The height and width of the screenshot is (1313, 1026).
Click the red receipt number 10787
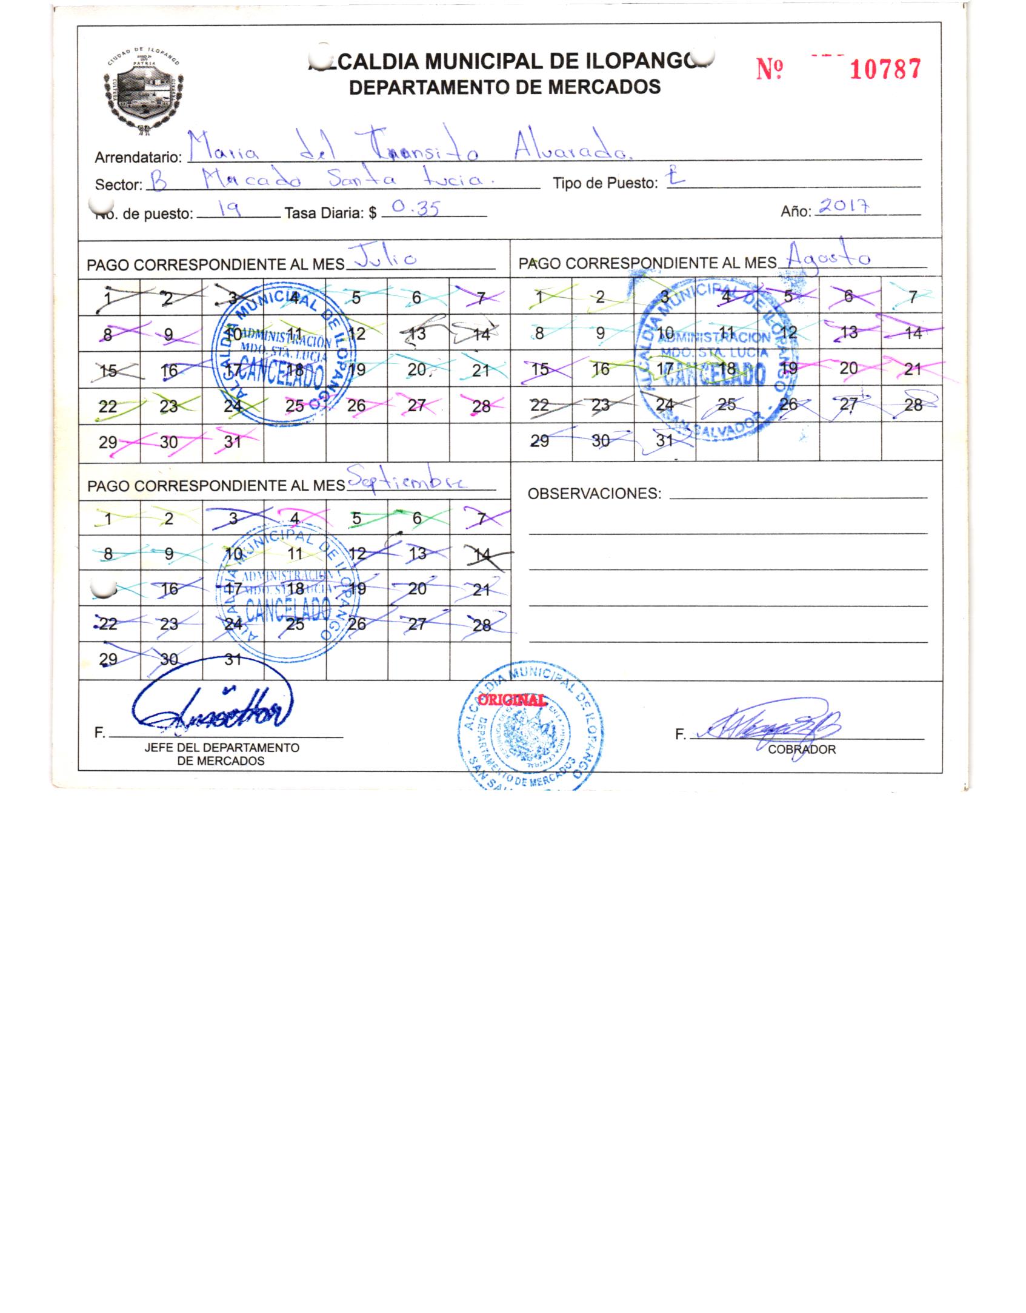tap(885, 69)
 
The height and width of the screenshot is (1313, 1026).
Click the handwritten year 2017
tap(844, 206)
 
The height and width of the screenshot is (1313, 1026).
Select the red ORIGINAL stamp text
tap(511, 699)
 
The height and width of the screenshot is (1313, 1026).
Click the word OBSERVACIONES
tap(594, 494)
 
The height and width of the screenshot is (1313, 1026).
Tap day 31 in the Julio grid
tap(233, 442)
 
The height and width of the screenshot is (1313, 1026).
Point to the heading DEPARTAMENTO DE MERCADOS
tap(505, 87)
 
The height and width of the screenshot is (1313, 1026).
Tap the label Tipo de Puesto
tap(605, 183)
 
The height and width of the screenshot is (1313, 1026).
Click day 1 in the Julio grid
tap(108, 297)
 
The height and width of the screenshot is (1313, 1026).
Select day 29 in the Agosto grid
tap(539, 441)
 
